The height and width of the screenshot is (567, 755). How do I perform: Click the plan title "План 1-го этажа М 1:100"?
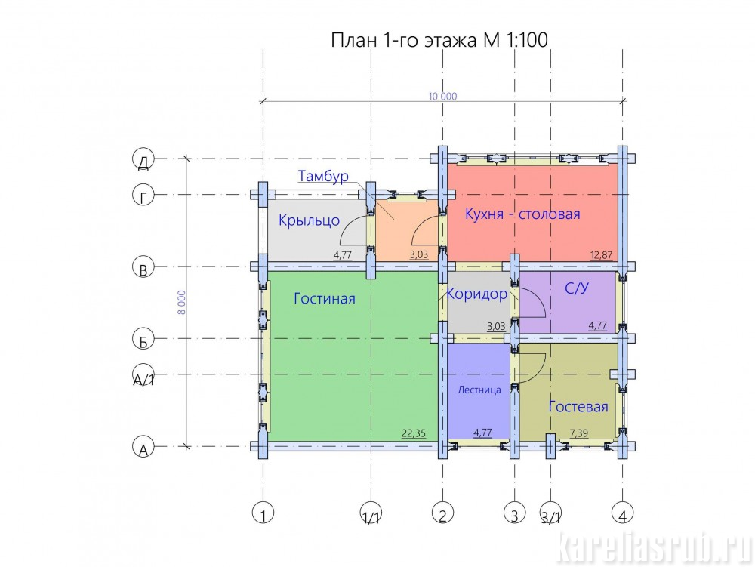pos(439,40)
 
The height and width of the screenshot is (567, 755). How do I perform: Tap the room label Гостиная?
pos(325,298)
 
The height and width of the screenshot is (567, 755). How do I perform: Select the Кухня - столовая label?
pos(522,214)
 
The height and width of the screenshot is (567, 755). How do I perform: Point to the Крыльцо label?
pos(309,221)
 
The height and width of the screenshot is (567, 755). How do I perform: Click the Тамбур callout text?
pos(323,176)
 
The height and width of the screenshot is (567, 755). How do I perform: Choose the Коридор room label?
pos(476,294)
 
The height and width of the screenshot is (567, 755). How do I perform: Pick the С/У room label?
pos(576,288)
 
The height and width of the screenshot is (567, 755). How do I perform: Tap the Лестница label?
pos(479,390)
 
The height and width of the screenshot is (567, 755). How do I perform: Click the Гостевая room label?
pos(578,407)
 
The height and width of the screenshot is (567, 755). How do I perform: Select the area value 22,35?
pos(414,433)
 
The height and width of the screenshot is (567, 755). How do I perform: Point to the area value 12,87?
pos(602,255)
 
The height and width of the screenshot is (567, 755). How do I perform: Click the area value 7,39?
pos(579,433)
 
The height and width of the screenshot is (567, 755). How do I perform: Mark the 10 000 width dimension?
pos(442,97)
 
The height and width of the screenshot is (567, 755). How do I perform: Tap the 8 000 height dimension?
pos(182,302)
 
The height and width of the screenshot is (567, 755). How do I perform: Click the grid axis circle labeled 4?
pos(623,513)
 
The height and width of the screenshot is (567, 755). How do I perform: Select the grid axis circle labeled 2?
pos(442,513)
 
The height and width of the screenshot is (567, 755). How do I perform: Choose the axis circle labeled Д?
pos(143,159)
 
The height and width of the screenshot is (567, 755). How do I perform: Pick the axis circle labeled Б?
pos(143,339)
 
